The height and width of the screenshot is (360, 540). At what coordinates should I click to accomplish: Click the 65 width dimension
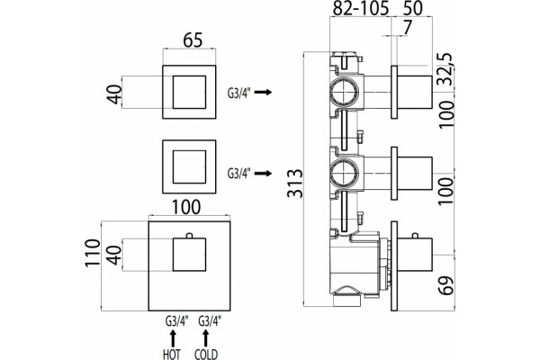pyautogui.click(x=193, y=40)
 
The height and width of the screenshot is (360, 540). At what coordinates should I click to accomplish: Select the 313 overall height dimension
pyautogui.click(x=295, y=183)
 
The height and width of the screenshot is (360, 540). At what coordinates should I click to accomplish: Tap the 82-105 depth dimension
pyautogui.click(x=360, y=8)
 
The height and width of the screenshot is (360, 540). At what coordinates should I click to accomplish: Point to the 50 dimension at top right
pyautogui.click(x=412, y=8)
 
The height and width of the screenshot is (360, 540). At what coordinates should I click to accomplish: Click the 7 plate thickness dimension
pyautogui.click(x=407, y=28)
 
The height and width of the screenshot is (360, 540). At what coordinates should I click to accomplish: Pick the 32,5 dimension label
pyautogui.click(x=446, y=69)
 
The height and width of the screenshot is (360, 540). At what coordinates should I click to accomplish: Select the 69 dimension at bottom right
pyautogui.click(x=446, y=285)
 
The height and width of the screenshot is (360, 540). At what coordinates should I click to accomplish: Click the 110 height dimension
pyautogui.click(x=93, y=253)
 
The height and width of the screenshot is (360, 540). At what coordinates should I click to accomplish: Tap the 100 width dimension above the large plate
pyautogui.click(x=185, y=207)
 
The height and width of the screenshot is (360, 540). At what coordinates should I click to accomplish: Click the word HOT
pyautogui.click(x=172, y=354)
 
